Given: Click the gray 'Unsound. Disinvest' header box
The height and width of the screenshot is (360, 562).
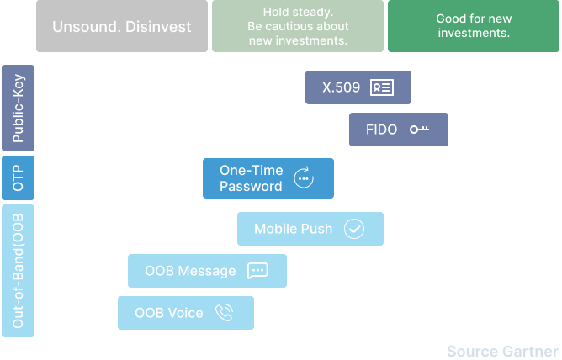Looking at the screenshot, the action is pos(122,26).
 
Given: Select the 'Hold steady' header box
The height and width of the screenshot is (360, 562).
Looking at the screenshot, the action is pos(298,26).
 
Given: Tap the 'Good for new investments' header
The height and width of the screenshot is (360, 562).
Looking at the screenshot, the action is pos(474,26).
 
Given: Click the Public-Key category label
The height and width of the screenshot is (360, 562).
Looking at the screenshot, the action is pos(18,108).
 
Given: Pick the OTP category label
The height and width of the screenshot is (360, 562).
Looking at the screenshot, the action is pos(18,177).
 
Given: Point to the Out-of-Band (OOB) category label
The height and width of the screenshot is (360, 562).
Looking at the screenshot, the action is pos(18,271).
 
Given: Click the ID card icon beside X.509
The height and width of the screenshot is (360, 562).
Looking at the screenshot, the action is pos(382,87).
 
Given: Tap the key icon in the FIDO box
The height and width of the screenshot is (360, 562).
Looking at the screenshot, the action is pos(419,130).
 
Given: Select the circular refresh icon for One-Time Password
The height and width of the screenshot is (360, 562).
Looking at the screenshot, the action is pos(304,177).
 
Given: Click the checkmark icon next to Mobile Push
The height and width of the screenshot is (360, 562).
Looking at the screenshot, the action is pos(354,229).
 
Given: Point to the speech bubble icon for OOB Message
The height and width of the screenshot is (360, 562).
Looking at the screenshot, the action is pos(257,271).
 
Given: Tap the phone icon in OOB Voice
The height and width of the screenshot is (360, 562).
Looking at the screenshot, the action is pos(225,313).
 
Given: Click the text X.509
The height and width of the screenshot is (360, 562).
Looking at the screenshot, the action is pos(342,87).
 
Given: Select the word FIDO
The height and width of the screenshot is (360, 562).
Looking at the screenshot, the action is pos(381,130).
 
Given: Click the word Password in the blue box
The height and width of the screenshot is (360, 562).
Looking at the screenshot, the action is pos(251,186).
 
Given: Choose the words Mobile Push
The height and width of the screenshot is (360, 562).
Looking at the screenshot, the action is pos(293,229).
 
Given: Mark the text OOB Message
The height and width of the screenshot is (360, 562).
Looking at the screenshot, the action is pos(190,271).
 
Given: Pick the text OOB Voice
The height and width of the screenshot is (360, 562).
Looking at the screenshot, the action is pos(169,313).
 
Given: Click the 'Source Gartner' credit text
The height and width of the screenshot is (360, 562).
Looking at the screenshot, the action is pos(503,352).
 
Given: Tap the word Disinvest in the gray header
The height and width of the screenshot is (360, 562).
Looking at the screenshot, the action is pos(158,27).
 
